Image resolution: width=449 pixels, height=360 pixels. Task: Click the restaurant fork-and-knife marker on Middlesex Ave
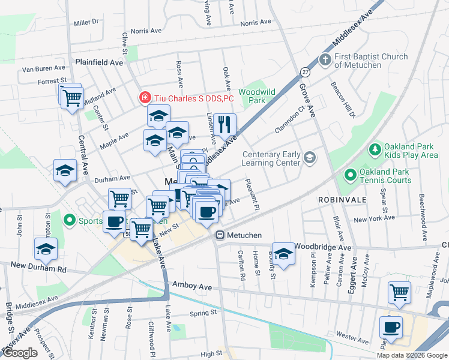click(x=224, y=125)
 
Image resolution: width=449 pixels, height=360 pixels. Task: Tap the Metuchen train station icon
click(x=220, y=235)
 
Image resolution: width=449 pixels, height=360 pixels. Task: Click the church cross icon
click(x=325, y=60)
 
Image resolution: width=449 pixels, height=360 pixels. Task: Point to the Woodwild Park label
click(x=256, y=96)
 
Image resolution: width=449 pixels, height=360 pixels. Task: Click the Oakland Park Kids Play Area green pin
click(x=375, y=148)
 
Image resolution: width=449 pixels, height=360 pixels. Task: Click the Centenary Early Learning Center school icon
click(x=309, y=158)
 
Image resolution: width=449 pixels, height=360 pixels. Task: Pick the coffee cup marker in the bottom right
click(x=391, y=328)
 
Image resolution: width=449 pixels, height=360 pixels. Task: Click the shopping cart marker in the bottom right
click(x=399, y=293)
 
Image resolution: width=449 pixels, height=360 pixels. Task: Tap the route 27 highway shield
click(x=306, y=72)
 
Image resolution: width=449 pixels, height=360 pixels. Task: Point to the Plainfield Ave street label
click(x=99, y=62)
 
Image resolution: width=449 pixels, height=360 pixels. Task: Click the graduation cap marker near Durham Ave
click(x=65, y=171)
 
